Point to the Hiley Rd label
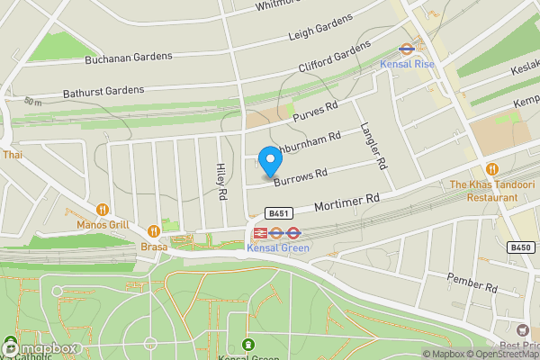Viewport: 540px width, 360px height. point(221,181)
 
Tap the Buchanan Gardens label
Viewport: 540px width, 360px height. point(128,58)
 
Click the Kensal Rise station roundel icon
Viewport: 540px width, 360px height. point(406,50)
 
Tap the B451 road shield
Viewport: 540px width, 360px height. point(277,213)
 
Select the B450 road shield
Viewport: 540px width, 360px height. point(520,247)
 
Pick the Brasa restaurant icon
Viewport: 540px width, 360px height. point(153,230)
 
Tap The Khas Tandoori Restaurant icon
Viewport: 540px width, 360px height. point(491,169)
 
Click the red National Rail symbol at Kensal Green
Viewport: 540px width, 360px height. point(259,233)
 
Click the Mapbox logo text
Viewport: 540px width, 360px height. point(43,349)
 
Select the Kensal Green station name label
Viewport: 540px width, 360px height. point(278,247)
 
